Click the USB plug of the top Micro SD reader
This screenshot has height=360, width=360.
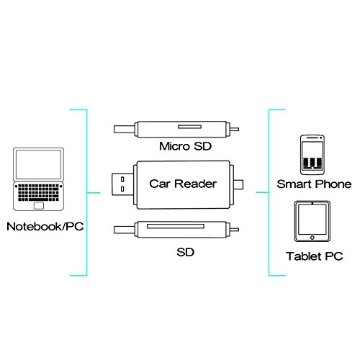(x=122, y=130)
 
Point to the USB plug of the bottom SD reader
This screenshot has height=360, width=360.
(x=122, y=233)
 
